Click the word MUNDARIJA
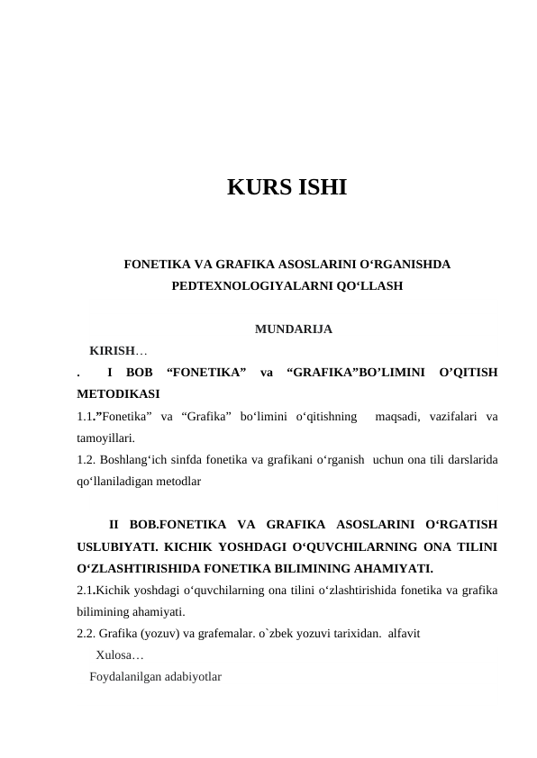[294, 329]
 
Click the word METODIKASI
[119, 393]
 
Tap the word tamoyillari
[106, 438]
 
